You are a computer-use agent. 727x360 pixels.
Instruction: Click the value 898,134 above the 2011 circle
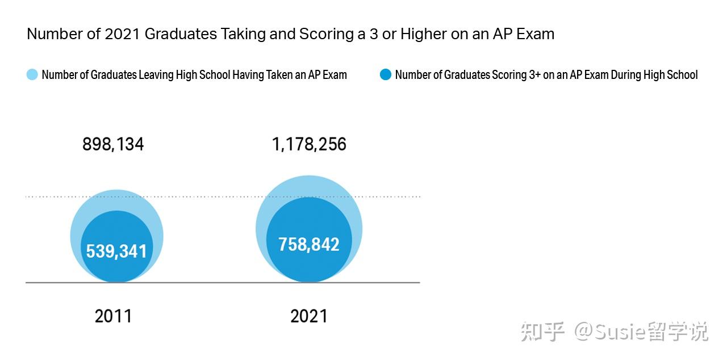pos(113,145)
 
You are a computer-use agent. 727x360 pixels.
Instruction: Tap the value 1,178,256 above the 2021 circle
pos(309,145)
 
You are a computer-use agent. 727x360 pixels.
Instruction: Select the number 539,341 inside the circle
pos(116,251)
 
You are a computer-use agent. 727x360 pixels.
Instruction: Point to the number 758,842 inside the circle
pos(309,245)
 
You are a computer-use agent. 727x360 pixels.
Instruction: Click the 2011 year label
pos(113,316)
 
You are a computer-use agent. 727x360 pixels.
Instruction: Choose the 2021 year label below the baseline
pos(309,316)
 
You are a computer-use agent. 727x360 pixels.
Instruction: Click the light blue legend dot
pos(32,74)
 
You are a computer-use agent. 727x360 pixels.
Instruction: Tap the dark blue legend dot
pos(386,74)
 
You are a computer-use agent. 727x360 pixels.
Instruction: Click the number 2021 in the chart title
pos(122,34)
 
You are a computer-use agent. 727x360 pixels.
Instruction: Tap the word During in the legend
pos(626,75)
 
